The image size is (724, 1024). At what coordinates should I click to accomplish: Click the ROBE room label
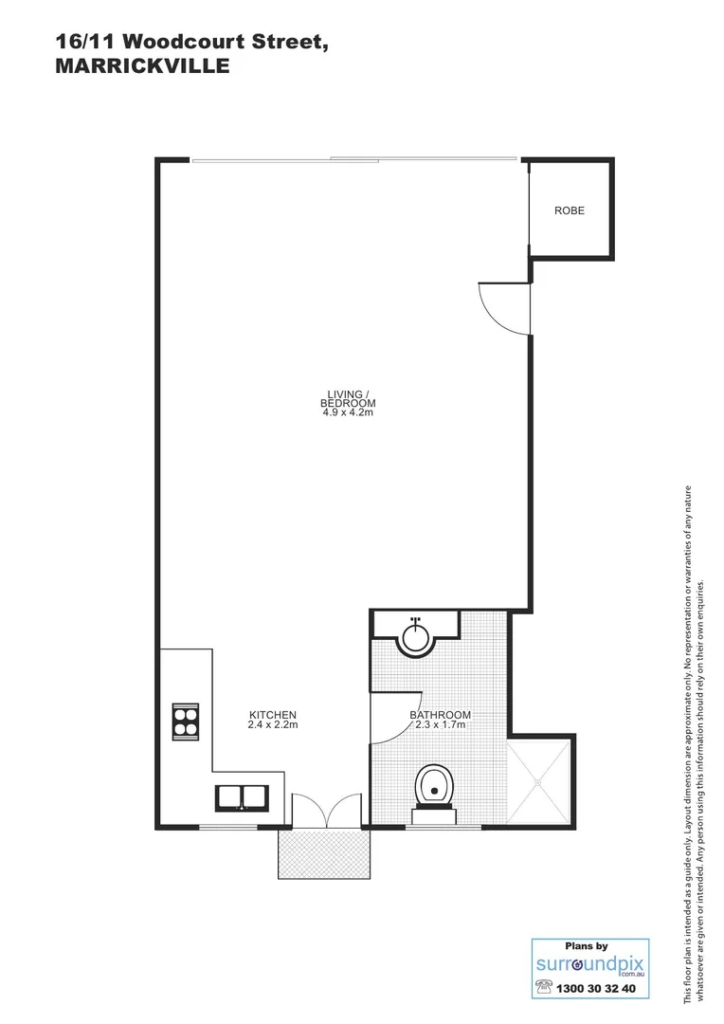570,210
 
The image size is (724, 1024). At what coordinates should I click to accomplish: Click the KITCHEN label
273,715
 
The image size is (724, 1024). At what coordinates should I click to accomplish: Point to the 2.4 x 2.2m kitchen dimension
273,725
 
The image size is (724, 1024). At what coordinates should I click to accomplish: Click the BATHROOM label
441,715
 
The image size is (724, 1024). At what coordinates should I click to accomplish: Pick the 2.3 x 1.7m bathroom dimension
441,726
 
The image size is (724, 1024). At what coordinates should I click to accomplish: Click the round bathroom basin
415,636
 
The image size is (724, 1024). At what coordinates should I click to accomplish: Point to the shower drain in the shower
538,783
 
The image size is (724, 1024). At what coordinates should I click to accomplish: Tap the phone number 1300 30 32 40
598,988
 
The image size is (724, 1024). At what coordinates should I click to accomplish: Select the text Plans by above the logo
586,945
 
